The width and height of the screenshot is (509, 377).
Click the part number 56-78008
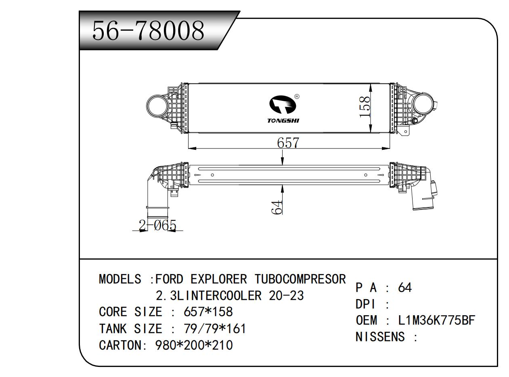(x=148, y=31)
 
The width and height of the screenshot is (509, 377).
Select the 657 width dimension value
(x=288, y=143)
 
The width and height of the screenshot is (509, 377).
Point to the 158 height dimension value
(x=365, y=107)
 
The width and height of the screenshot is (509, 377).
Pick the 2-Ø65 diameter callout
(x=157, y=225)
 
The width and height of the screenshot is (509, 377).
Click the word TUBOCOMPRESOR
(x=300, y=279)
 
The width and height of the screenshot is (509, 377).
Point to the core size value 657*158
(x=208, y=312)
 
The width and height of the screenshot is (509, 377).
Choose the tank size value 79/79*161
(x=214, y=329)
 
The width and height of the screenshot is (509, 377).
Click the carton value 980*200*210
(x=194, y=346)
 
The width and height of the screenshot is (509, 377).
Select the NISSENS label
(x=380, y=337)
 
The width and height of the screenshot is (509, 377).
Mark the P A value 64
(x=404, y=288)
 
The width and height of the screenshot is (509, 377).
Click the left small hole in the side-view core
(x=212, y=175)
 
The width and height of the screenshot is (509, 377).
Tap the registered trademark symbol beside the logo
(x=297, y=96)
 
